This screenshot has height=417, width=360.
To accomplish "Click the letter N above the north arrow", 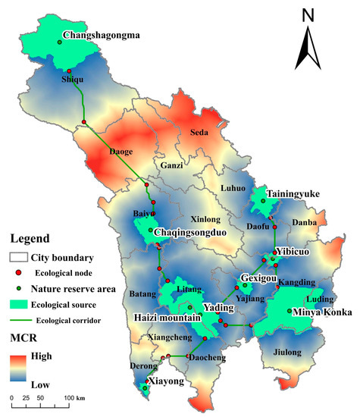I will point(307,15).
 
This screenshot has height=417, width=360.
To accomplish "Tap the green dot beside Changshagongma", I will point(58,40).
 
